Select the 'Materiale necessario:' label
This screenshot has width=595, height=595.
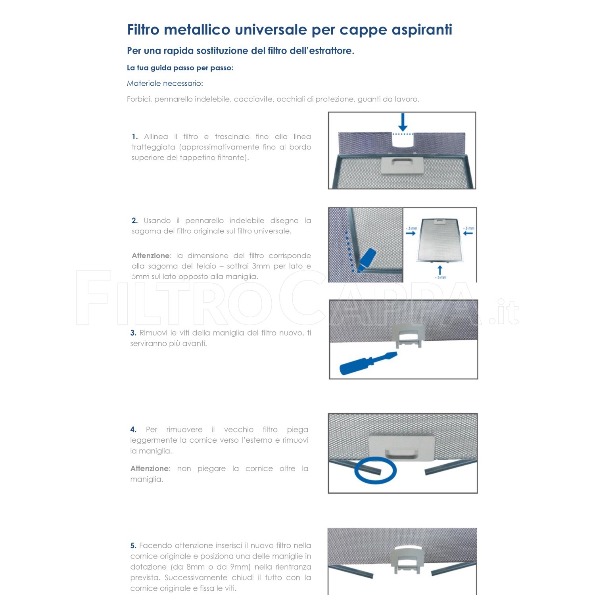point(165,83)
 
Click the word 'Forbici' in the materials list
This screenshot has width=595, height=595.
point(138,99)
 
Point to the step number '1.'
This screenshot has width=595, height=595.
point(135,137)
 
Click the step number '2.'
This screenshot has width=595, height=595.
point(135,221)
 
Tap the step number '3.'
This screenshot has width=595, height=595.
point(133,333)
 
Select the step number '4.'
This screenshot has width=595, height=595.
point(133,430)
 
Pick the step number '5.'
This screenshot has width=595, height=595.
point(133,546)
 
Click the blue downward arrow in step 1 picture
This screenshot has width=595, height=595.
point(403,122)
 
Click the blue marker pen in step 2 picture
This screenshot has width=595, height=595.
point(366,260)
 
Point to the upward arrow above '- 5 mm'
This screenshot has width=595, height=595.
point(440,271)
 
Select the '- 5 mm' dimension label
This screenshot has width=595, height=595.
point(441,278)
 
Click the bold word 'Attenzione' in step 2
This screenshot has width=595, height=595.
point(151,256)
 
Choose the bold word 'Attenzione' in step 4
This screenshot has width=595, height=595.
point(150,469)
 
